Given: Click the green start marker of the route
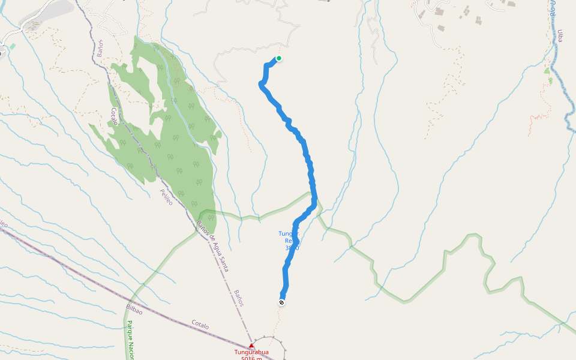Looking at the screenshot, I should coord(279,58).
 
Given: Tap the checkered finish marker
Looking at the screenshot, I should coord(281,302).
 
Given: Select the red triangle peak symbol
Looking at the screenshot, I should coord(251,346).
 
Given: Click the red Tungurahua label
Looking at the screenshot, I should coord(251,352).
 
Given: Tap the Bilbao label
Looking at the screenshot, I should coord(134,308).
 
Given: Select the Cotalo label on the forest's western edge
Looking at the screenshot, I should coord(114,116).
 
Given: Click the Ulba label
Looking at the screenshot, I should coord(560,36).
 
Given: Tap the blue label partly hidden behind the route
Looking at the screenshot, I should coord(289,241).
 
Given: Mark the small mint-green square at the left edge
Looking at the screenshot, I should coord(12,46).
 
